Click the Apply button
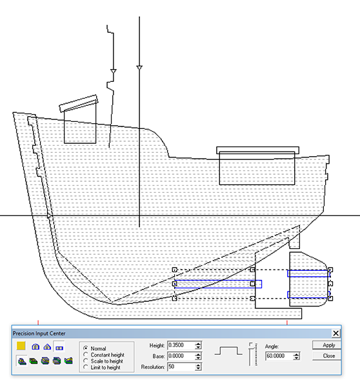[x=327, y=345]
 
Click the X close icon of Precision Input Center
[x=335, y=333]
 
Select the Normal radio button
[x=86, y=348]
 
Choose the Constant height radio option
[x=86, y=354]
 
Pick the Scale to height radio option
[x=86, y=361]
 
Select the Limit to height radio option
[x=86, y=367]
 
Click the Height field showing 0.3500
[x=181, y=345]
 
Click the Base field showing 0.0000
[x=181, y=356]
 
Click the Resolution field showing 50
[x=181, y=367]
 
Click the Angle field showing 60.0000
[x=279, y=356]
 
